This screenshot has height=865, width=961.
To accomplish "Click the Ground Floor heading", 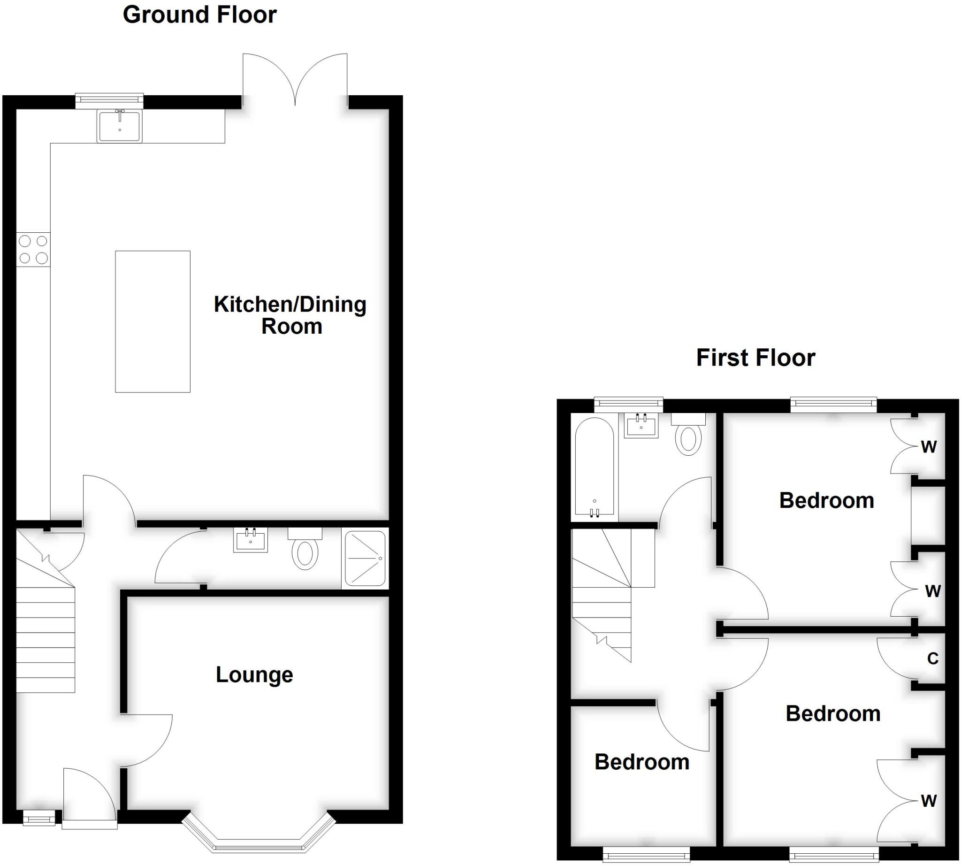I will [199, 15].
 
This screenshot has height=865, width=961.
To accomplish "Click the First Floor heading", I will [755, 358].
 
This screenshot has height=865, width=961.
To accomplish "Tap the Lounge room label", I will [254, 675].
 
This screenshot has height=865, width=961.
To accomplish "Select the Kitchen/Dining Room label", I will [290, 315].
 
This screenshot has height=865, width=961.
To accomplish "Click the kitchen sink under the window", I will [120, 125].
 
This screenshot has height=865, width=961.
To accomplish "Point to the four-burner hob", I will [33, 250].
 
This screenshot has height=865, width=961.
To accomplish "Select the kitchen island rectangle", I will [153, 322].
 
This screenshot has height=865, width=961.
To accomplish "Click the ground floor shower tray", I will [365, 559].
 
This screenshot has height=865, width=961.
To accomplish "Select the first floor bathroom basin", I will [641, 425].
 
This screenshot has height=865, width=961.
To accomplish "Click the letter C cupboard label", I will [932, 658].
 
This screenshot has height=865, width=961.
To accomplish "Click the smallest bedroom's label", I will [641, 762].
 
